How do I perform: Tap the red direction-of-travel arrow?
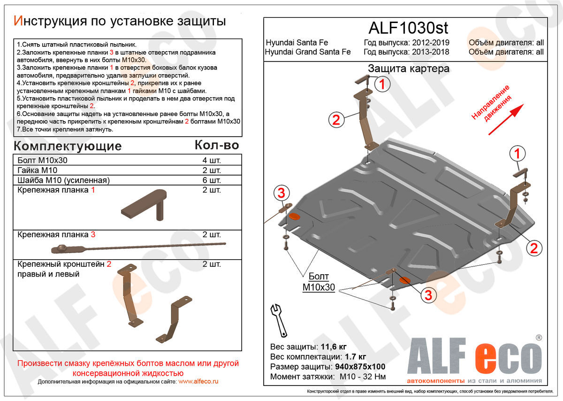pos(506,120)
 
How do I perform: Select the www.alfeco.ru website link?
pos(198,382)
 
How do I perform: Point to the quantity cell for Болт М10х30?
pos(212,160)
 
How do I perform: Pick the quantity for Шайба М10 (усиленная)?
pos(212,180)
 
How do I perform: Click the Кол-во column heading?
pos(217,146)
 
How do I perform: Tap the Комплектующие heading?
pos(68,146)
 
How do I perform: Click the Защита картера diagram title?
pos(408,69)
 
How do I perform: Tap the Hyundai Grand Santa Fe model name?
pos(308,52)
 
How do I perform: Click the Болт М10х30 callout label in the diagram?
pos(319,282)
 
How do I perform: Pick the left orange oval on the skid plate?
pos(295,216)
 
